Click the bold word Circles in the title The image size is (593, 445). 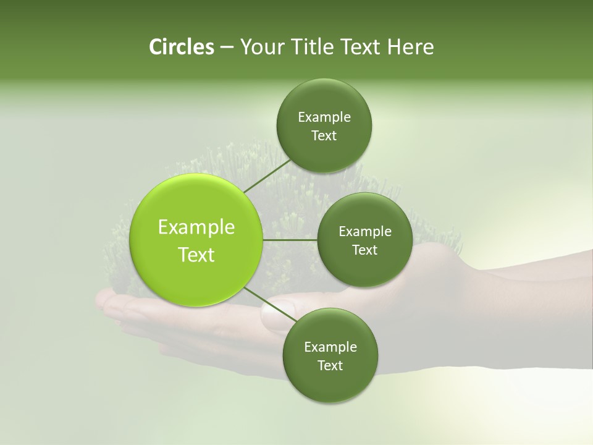(181, 47)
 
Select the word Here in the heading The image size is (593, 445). (411, 47)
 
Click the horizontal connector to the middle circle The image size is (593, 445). (290, 240)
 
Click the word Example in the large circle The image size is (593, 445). (196, 227)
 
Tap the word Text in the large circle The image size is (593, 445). (196, 255)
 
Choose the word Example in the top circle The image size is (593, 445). (324, 117)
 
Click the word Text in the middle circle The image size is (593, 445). (364, 250)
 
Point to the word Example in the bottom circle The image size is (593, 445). (330, 347)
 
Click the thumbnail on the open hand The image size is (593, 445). (272, 316)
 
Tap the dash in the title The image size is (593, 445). (226, 47)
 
